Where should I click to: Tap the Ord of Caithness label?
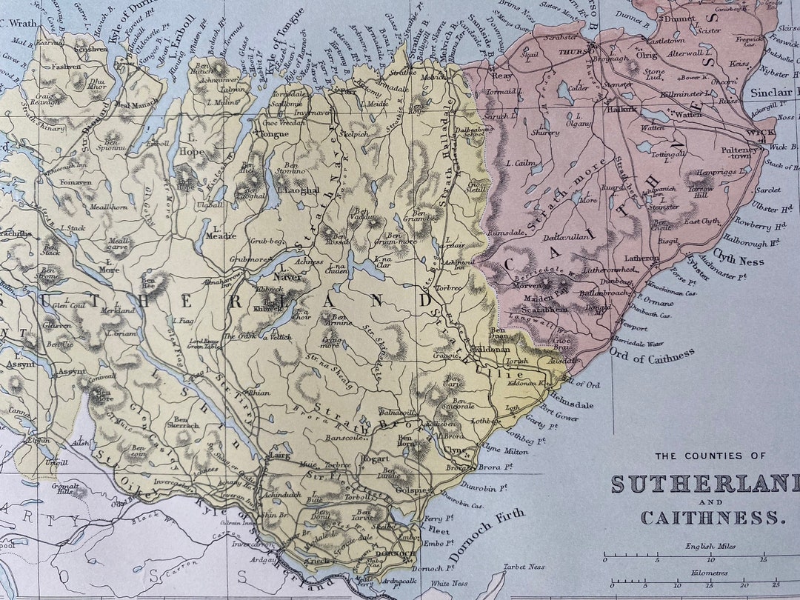(x=652, y=357)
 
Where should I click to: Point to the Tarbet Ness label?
(x=524, y=567)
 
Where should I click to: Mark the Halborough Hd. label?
(x=750, y=240)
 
